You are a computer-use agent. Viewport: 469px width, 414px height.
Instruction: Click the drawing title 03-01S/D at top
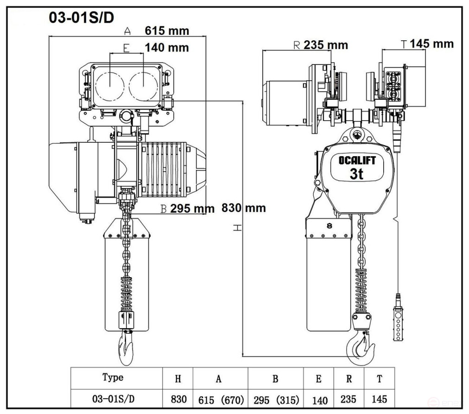point(82,18)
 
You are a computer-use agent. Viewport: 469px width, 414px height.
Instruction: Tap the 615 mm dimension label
point(167,31)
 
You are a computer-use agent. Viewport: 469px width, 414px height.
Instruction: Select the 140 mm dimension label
point(167,48)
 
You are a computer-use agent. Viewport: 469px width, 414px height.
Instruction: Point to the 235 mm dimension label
point(326,45)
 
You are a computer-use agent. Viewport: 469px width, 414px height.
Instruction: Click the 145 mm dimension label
point(431,44)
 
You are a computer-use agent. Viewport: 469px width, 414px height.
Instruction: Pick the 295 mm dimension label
point(192,209)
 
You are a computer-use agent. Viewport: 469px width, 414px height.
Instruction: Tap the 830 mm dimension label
point(244,208)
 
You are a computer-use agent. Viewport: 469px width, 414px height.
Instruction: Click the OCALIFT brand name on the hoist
point(357,160)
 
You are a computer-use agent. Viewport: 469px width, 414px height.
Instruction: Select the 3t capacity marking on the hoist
point(356,173)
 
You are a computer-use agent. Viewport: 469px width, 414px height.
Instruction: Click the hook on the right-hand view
point(360,349)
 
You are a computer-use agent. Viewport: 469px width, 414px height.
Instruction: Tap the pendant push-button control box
point(398,323)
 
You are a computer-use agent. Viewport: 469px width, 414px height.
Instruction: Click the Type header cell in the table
point(113,377)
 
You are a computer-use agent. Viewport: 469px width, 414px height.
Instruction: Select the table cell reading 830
point(178,399)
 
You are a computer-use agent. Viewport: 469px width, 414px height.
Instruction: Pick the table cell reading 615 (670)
point(221,400)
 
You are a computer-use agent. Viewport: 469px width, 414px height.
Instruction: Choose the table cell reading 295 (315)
point(276,400)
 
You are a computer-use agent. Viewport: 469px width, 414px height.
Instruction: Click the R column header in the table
point(349,379)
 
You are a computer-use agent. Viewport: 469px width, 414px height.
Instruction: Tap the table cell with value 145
point(379,399)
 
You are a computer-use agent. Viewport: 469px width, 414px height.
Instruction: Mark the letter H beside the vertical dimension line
point(237,228)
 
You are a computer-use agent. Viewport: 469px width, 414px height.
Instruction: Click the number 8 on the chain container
point(330,226)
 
